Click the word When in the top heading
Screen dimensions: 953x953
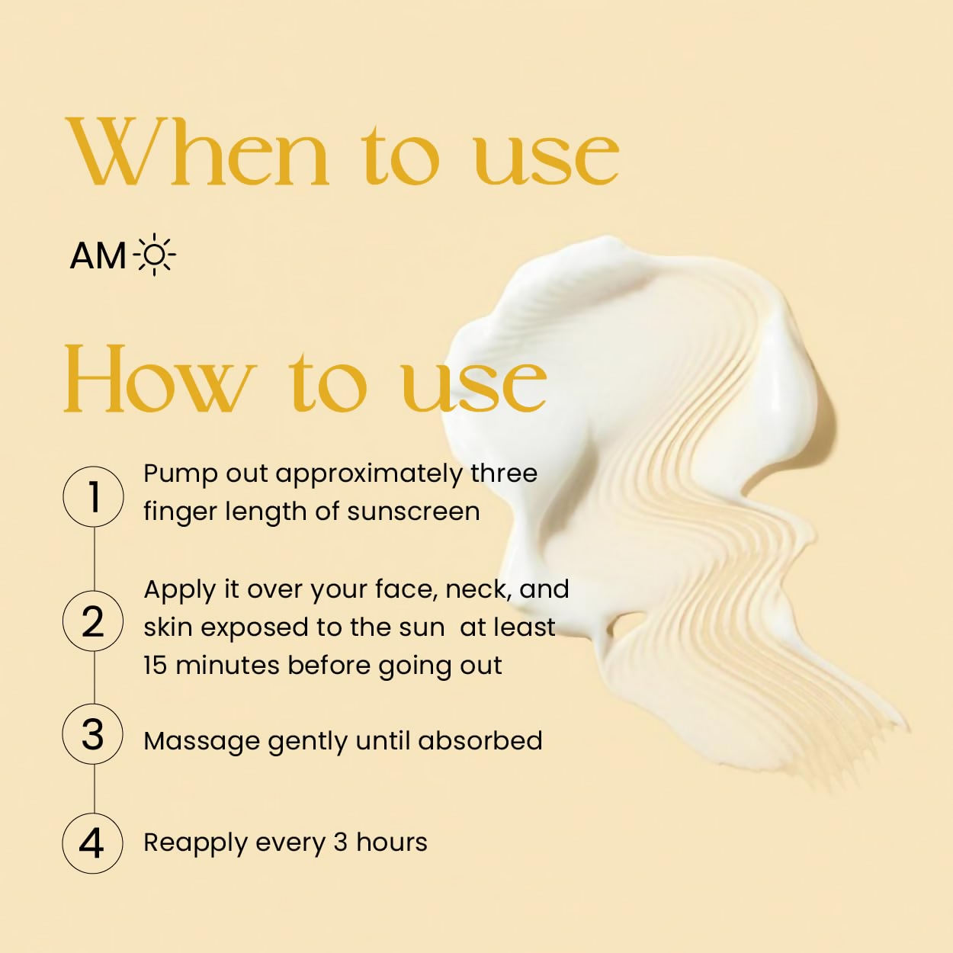point(197,152)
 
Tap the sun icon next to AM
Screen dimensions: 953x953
point(154,255)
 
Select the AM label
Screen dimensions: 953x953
point(98,256)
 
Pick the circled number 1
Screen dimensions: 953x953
point(93,496)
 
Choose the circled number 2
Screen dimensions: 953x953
point(93,621)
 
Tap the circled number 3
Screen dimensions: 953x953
point(92,734)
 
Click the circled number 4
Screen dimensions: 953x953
point(92,843)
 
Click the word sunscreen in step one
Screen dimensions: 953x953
point(413,512)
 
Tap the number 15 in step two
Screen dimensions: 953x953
point(155,665)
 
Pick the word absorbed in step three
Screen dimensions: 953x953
point(480,740)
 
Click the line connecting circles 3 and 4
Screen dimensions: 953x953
point(94,789)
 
